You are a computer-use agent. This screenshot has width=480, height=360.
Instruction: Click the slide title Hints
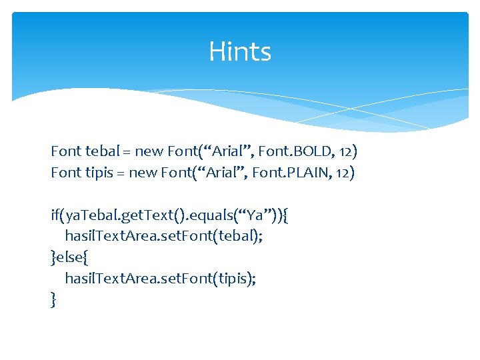click(240, 51)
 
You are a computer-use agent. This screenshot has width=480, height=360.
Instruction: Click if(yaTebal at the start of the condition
click(80, 216)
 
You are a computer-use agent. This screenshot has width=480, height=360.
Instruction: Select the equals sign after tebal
click(121, 152)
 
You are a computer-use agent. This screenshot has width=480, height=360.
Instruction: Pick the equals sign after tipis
click(119, 174)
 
